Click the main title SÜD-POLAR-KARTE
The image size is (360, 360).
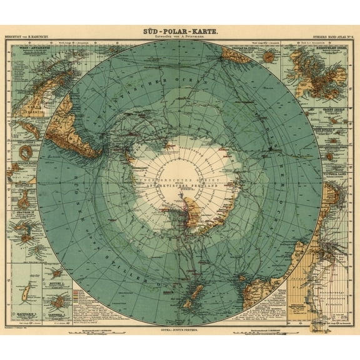pos(179,29)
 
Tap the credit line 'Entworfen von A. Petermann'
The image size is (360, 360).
pos(179,37)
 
